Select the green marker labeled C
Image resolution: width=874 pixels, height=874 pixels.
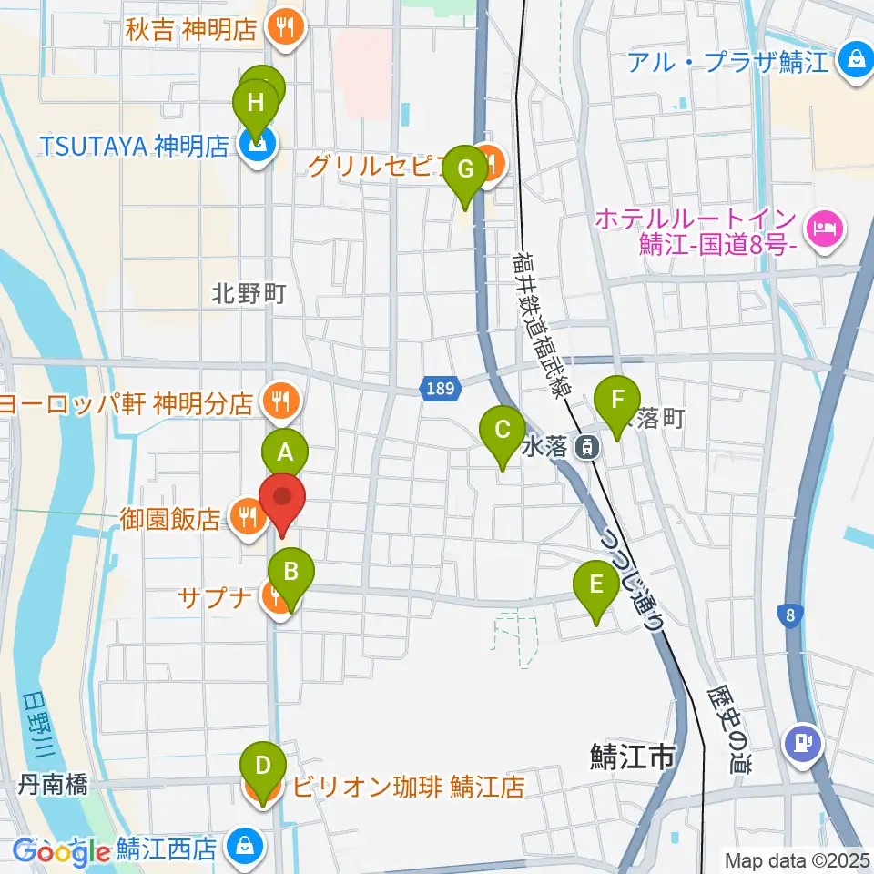click(x=502, y=429)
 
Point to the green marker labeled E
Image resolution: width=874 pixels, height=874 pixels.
click(x=596, y=584)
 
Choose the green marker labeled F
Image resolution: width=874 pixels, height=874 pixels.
click(x=618, y=400)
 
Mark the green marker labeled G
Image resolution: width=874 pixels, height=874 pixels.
click(x=465, y=169)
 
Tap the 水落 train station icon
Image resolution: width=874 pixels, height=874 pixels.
click(x=591, y=446)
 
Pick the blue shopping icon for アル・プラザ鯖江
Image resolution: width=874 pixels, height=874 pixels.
click(x=855, y=63)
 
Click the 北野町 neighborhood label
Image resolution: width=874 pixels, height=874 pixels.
click(x=249, y=293)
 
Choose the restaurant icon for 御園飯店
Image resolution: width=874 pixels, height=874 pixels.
click(x=245, y=519)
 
